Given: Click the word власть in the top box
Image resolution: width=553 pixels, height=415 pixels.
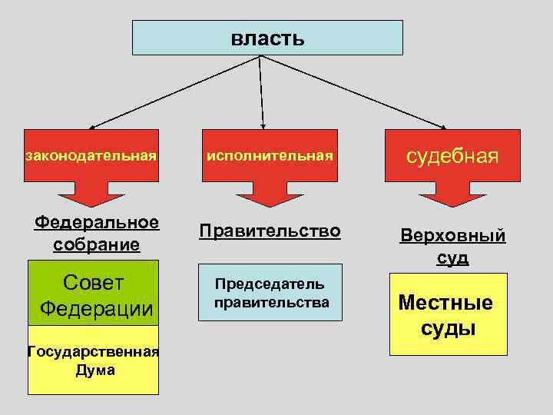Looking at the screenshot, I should [x=267, y=38].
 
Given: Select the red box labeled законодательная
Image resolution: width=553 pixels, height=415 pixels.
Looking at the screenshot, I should [x=91, y=155].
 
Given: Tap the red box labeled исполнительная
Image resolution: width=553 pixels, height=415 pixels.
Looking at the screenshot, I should [x=269, y=155].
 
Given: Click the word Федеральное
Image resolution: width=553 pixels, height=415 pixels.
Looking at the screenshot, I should [x=97, y=223].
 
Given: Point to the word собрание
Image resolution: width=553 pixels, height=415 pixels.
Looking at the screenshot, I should [x=97, y=244].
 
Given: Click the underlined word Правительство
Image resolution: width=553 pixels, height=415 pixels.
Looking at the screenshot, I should [x=269, y=231].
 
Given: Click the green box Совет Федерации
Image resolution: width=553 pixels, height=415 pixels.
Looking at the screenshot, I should [x=94, y=294].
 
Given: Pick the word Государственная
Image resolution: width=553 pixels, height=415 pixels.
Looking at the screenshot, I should [x=93, y=352].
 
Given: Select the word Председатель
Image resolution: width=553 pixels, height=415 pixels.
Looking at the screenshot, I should [x=269, y=284].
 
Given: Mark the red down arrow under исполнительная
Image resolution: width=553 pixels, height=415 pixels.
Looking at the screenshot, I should [x=269, y=194].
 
